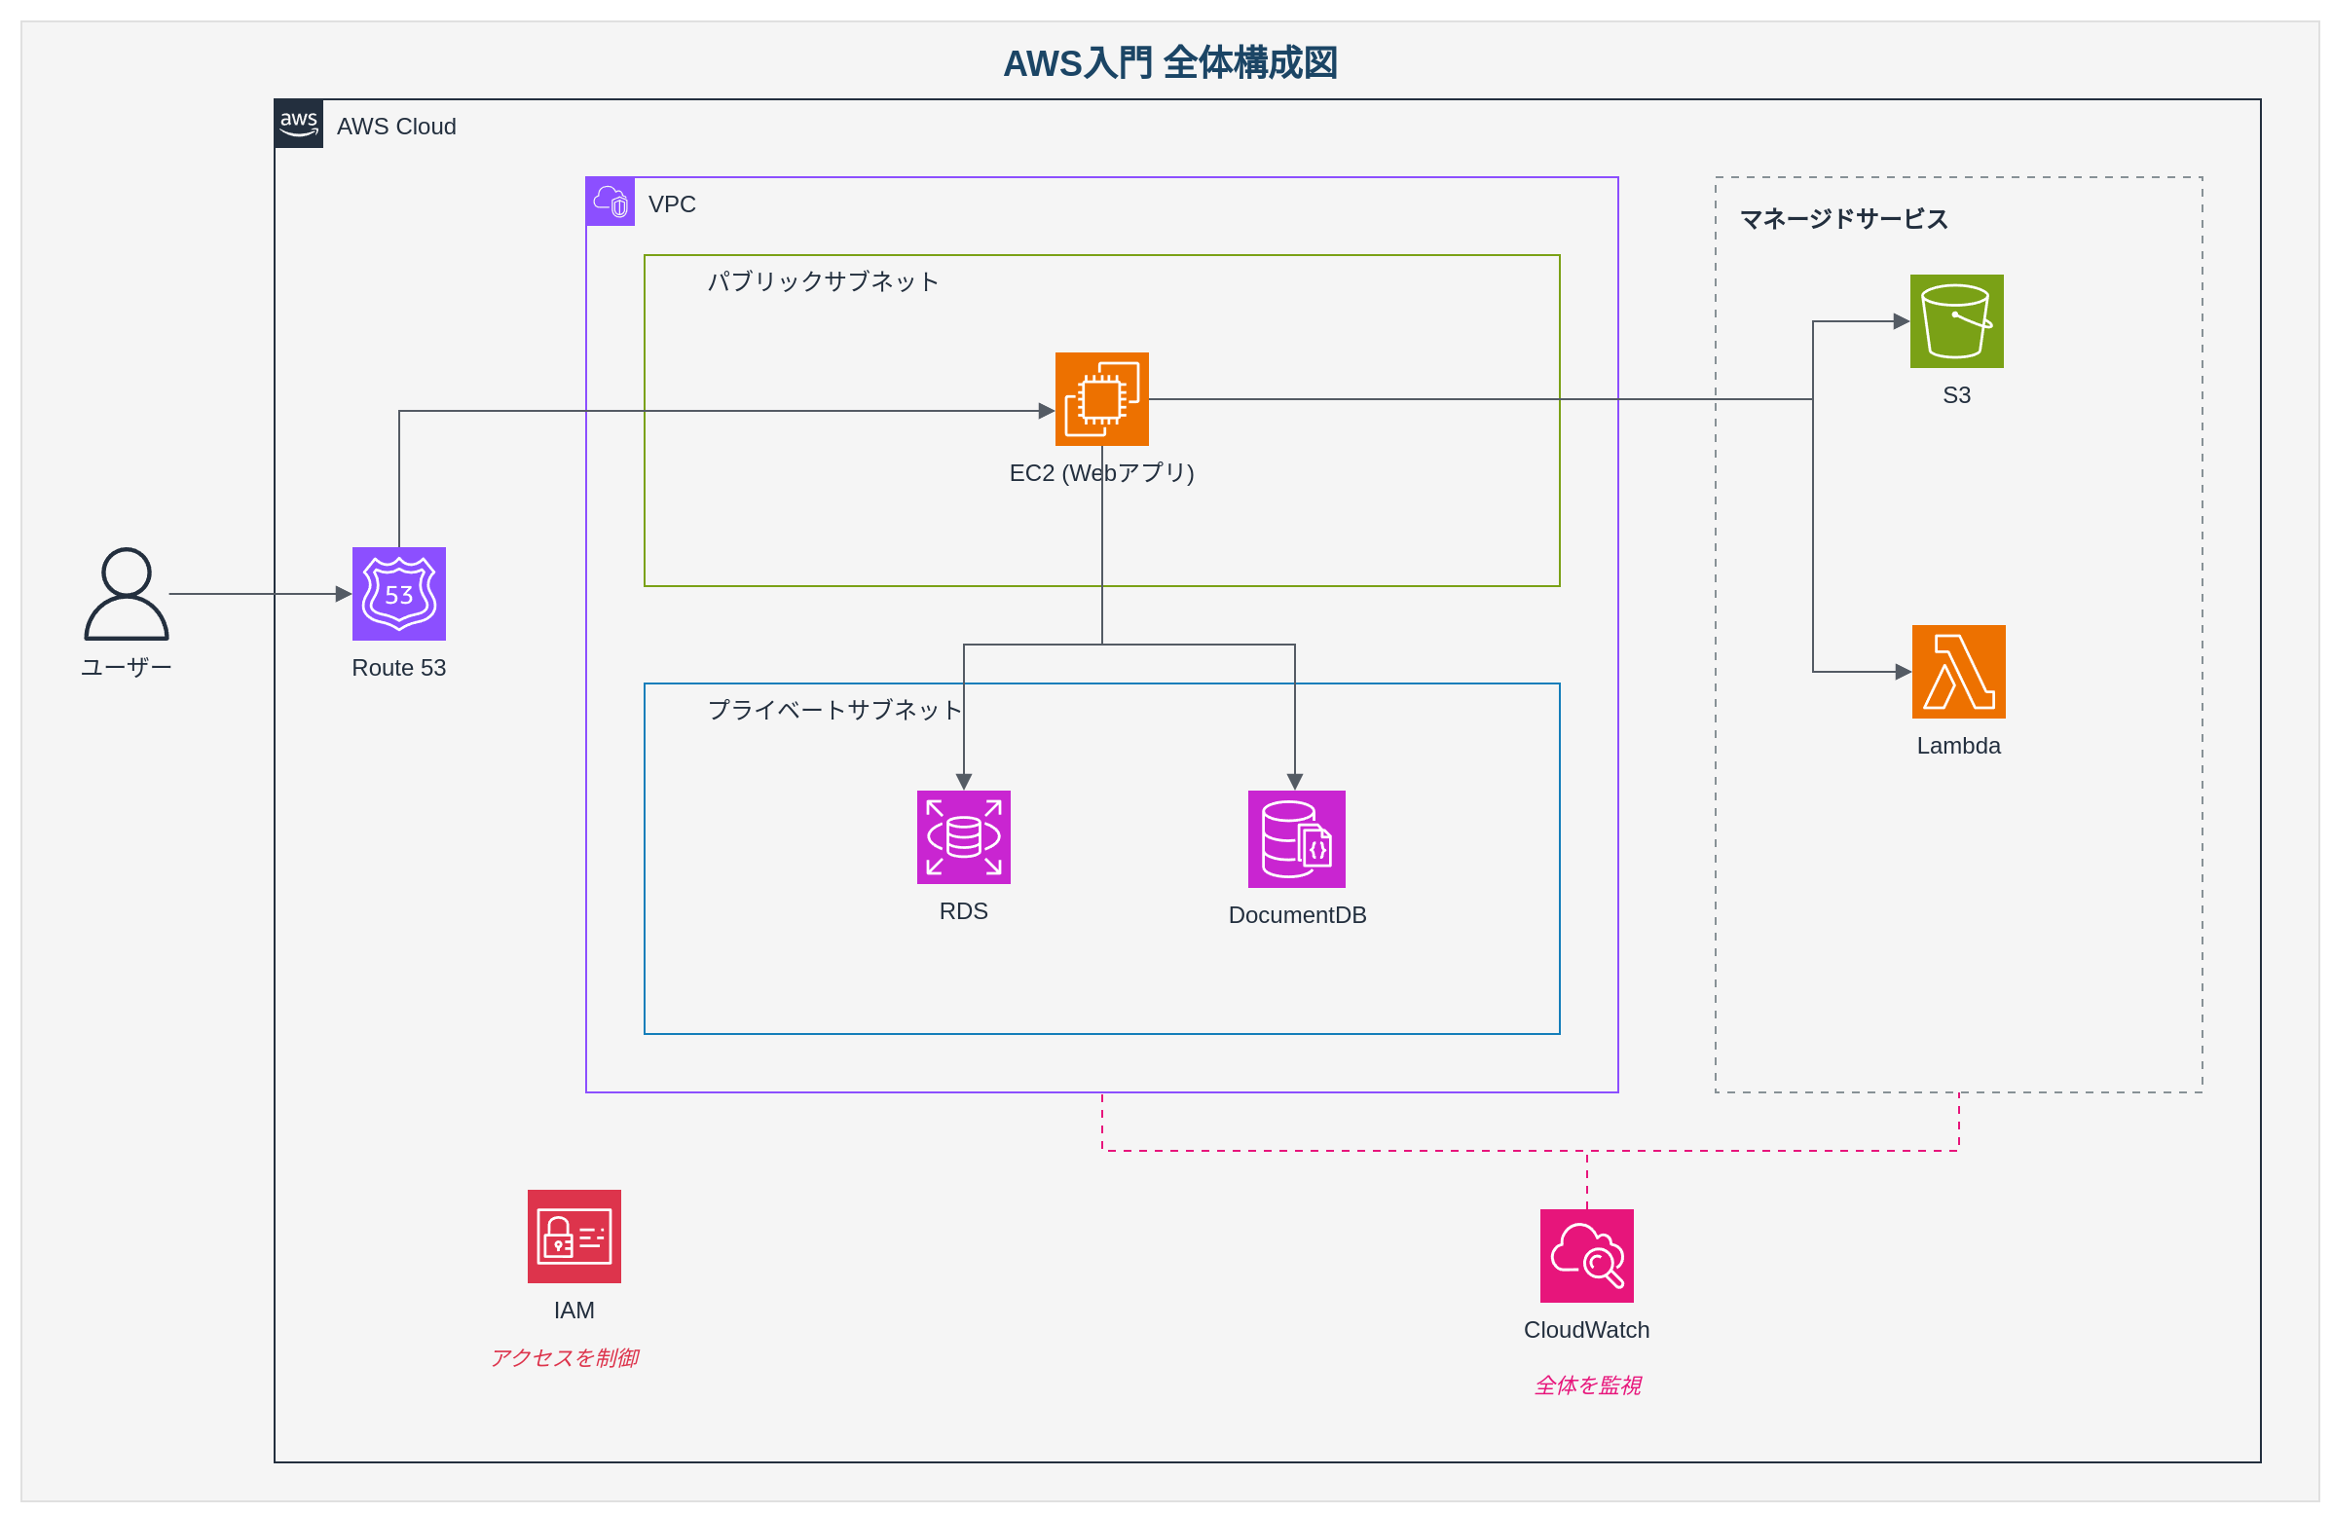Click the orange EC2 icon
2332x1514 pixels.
(1101, 399)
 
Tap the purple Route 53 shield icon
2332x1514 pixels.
(399, 594)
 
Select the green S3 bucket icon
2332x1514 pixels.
(1956, 321)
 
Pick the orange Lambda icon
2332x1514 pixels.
(1958, 671)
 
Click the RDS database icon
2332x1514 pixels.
(963, 837)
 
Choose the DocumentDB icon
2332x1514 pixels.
(1295, 839)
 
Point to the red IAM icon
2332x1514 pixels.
(574, 1236)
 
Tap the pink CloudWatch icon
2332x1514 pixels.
(1586, 1255)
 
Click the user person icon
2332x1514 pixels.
(127, 593)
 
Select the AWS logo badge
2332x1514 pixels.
(299, 124)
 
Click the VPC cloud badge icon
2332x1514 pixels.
(611, 202)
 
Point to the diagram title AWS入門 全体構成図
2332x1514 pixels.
(1170, 63)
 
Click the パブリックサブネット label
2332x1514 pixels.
(823, 282)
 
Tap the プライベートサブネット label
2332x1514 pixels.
(834, 710)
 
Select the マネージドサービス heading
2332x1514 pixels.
(1843, 219)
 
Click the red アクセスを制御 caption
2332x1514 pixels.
(565, 1357)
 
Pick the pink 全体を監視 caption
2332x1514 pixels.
(1587, 1385)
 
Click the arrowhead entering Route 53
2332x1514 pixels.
(344, 594)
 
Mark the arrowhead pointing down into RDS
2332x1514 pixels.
(963, 782)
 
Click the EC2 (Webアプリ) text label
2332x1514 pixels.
(1101, 473)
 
